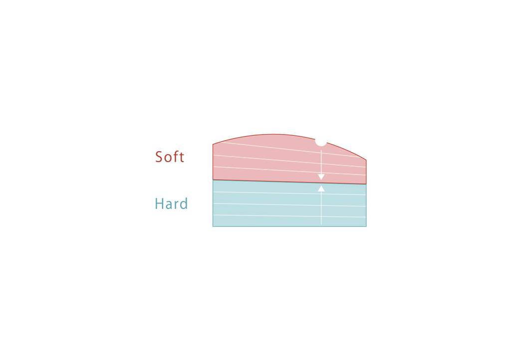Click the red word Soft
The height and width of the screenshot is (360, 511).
point(169,157)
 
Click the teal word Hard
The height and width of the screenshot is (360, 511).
point(171,203)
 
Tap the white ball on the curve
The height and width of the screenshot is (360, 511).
point(321,139)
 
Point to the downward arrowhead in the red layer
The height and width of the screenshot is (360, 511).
point(321,177)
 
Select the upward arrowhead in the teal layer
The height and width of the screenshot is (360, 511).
point(321,188)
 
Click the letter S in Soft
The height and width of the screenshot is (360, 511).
point(159,157)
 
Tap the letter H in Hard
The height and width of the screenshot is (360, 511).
point(159,203)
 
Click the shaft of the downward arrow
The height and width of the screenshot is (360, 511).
point(321,160)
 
